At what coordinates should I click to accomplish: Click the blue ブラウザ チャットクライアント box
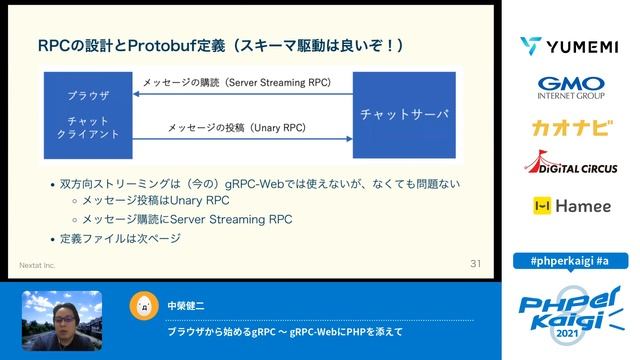click(x=88, y=115)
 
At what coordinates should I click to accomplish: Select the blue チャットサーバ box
click(x=403, y=115)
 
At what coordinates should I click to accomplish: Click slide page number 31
click(x=475, y=264)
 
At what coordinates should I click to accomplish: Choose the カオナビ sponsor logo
click(x=570, y=128)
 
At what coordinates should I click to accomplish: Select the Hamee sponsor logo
click(x=570, y=206)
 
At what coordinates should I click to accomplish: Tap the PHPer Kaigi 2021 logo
click(x=570, y=305)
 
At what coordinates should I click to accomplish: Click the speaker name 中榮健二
click(x=186, y=303)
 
